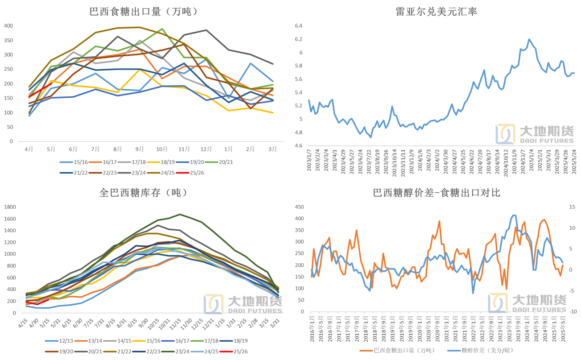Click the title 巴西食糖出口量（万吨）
point(150,12)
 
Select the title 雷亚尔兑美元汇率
point(436,12)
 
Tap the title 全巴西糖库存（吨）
point(143,193)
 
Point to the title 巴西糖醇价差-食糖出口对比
point(436,193)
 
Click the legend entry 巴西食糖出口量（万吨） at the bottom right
point(399,350)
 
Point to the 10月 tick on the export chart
point(162,149)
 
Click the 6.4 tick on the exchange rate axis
point(299,26)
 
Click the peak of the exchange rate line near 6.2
point(529,39)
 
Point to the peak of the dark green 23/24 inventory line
point(179,214)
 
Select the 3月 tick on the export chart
point(272,149)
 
